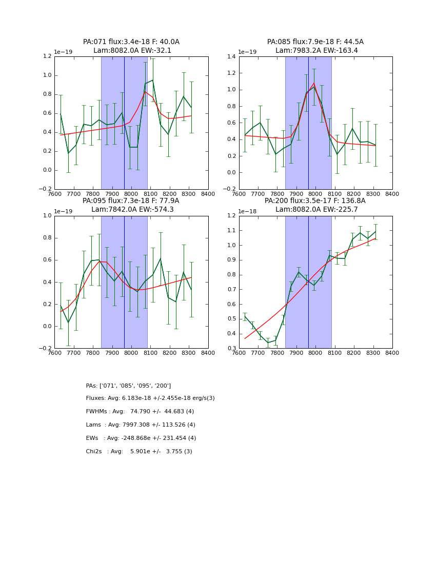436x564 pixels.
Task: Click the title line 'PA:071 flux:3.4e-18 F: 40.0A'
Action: click(131, 42)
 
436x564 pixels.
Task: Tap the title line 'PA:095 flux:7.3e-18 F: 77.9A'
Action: click(131, 201)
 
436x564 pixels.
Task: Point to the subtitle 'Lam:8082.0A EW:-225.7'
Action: click(315, 210)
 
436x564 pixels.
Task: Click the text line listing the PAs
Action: click(128, 386)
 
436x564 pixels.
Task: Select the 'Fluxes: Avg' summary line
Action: click(150, 398)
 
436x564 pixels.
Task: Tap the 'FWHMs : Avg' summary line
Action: click(140, 412)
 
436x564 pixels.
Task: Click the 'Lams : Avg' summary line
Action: click(141, 425)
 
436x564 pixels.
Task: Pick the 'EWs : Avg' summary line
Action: click(141, 438)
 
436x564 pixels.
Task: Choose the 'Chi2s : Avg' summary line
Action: click(139, 452)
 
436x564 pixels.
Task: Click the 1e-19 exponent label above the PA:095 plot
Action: click(64, 211)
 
